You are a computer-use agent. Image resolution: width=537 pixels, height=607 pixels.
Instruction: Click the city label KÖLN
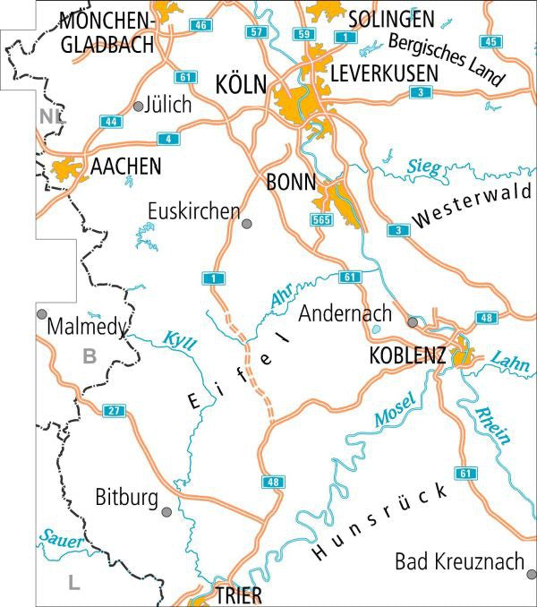242,85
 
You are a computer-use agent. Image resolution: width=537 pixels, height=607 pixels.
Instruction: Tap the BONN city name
292,183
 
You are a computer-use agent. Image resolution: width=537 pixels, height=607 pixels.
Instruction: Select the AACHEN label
125,167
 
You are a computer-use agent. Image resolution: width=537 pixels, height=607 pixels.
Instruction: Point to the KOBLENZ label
407,355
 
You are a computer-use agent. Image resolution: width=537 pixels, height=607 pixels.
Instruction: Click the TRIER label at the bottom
239,595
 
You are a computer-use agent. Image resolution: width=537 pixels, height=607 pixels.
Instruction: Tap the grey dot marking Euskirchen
247,223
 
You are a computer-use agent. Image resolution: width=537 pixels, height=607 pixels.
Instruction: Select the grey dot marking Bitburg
166,511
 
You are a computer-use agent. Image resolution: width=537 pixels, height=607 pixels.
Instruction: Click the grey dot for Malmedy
41,313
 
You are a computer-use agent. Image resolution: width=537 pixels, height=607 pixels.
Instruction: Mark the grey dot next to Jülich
138,106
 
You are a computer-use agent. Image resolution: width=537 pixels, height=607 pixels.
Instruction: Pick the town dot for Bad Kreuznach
531,574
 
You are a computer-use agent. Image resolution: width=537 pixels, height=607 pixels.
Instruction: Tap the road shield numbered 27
112,410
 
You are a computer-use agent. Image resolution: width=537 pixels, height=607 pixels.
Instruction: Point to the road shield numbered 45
489,42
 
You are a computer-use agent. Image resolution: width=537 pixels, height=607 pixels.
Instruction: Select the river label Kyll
179,341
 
